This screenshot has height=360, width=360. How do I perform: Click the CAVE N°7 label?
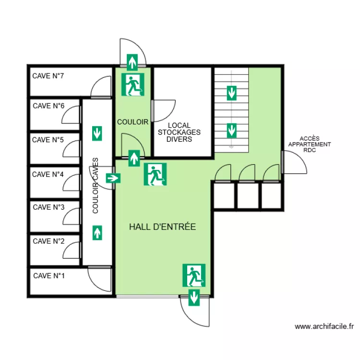(x=48, y=76)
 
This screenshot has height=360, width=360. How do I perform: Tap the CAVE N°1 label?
(x=49, y=276)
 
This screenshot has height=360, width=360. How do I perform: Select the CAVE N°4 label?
(x=48, y=174)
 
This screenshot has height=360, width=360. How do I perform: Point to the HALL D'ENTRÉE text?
(x=163, y=227)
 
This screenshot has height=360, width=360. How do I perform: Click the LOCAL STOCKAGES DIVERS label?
(x=180, y=132)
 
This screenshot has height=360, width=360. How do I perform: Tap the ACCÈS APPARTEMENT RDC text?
(x=310, y=144)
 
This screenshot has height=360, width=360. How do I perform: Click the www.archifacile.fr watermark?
(x=324, y=326)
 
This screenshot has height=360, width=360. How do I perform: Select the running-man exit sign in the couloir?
(x=132, y=84)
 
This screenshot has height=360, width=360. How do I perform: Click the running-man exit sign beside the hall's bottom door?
(x=194, y=276)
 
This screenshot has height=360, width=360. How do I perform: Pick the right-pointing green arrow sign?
(x=113, y=178)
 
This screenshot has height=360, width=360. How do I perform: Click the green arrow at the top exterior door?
(x=132, y=62)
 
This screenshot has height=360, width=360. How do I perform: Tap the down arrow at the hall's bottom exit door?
(x=194, y=298)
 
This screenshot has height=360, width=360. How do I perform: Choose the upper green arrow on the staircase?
(x=232, y=93)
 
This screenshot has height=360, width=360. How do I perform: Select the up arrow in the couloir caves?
(x=97, y=233)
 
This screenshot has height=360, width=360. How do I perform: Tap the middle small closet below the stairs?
(x=248, y=195)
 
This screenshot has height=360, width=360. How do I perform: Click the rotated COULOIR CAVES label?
(x=95, y=185)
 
